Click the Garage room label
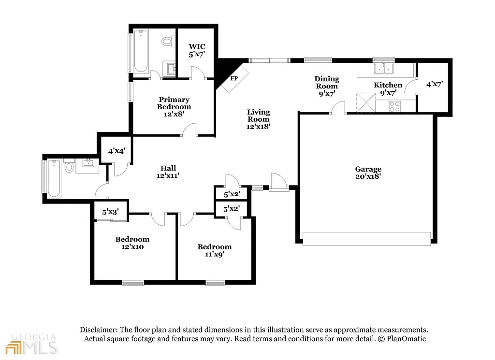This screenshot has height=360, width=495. click(x=368, y=173)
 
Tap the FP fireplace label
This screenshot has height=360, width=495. click(x=234, y=79)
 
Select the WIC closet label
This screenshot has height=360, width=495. click(x=197, y=51)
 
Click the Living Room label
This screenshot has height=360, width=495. click(x=259, y=119)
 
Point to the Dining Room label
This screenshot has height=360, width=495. click(x=327, y=86)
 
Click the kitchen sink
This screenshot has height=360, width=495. click(x=384, y=69)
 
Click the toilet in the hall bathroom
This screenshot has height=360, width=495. click(x=69, y=168)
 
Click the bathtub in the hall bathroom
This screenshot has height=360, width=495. click(x=54, y=178)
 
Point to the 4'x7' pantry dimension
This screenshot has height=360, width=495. click(x=435, y=84)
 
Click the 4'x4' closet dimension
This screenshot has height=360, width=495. click(x=116, y=151)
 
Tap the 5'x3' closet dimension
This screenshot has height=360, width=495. click(x=110, y=212)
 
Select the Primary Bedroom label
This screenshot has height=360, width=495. click(x=174, y=107)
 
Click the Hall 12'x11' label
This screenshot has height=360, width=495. click(x=168, y=172)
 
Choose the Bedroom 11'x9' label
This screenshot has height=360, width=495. click(x=215, y=250)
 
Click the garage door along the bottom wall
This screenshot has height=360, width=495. click(x=366, y=238)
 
